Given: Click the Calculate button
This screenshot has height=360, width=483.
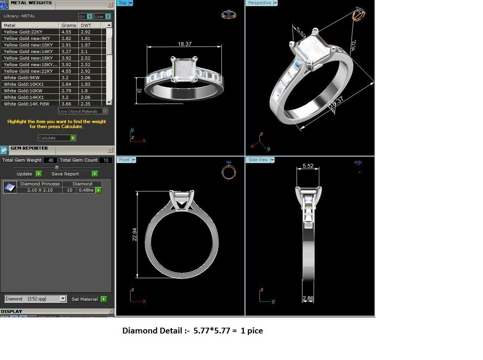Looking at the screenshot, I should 57,138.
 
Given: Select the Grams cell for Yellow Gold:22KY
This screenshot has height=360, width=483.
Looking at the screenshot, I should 68,32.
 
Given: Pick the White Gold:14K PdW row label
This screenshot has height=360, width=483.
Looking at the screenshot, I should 30,104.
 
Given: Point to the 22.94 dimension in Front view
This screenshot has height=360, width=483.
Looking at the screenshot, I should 135,234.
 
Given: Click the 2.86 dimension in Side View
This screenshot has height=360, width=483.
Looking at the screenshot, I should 308,298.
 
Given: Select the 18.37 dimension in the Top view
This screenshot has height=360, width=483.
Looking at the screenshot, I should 185,44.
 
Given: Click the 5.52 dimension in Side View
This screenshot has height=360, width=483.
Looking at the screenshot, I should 308,166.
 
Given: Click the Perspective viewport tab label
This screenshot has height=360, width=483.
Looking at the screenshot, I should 260,3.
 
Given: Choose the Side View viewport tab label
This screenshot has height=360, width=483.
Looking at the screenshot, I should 258,160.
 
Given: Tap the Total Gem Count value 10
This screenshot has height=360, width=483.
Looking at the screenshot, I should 106,160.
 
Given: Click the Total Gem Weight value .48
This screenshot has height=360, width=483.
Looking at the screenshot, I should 50,160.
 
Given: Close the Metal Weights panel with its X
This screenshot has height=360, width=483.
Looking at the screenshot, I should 110,5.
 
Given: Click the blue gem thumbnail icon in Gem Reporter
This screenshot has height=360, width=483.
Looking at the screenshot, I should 10,187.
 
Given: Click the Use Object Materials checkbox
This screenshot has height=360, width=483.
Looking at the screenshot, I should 105,111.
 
